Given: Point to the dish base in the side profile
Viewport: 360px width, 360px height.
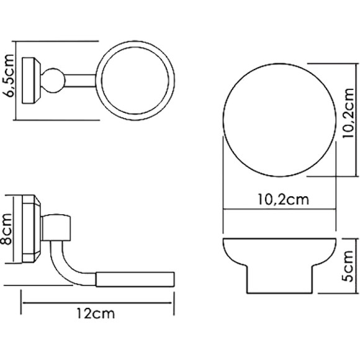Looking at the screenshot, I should pyautogui.click(x=281, y=282).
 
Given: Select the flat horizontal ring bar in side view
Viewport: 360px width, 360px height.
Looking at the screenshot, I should pyautogui.click(x=137, y=278).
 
